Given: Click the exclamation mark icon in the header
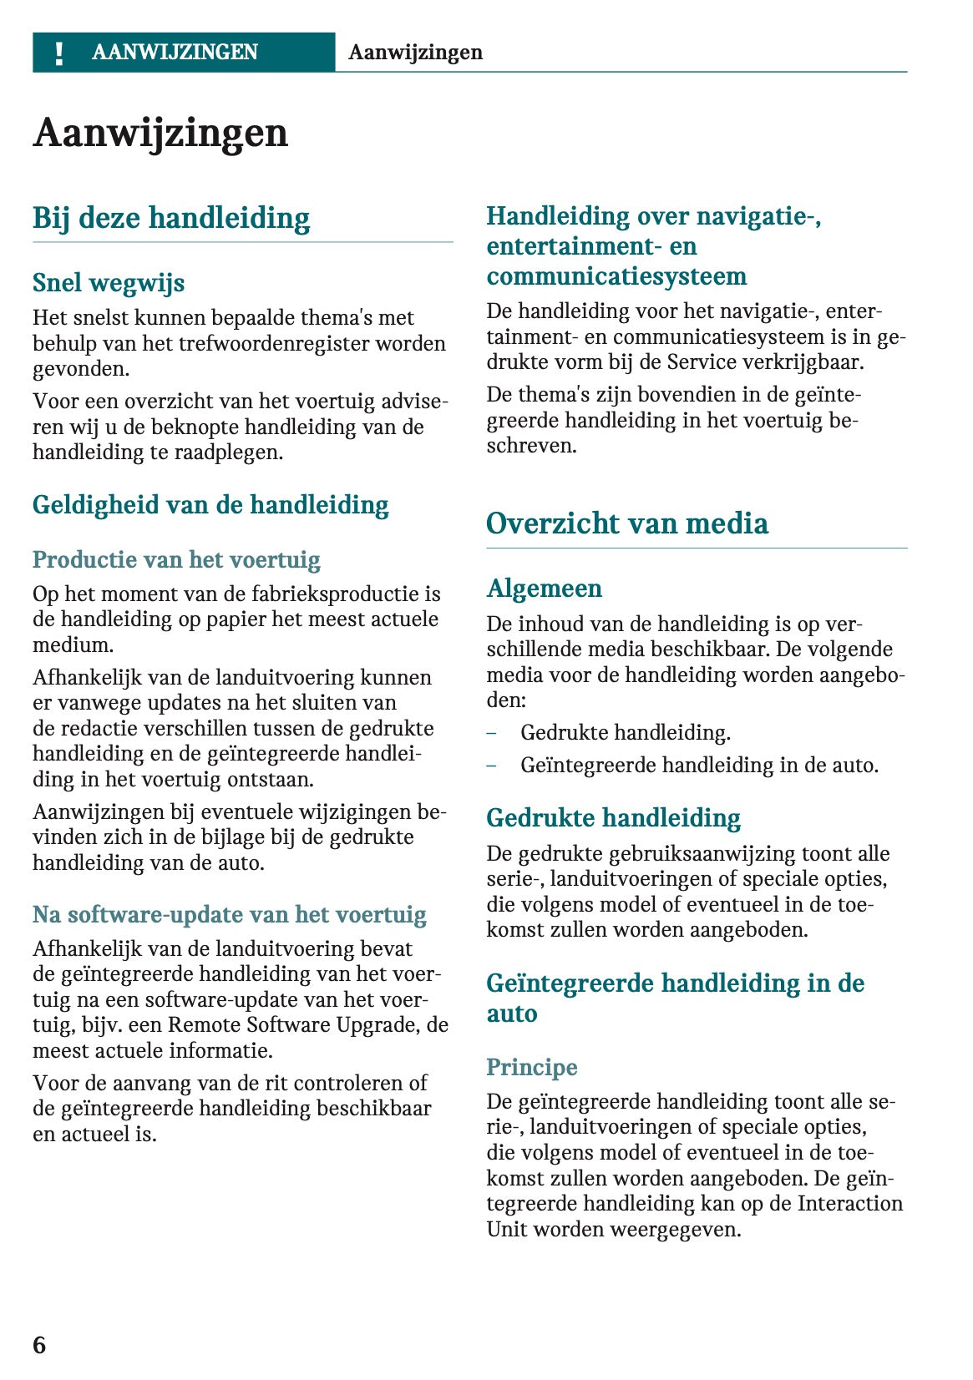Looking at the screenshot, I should (58, 53).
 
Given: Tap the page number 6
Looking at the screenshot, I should (39, 1344).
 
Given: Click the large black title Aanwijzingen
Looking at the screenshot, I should (160, 134).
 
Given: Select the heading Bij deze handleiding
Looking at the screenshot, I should (171, 218).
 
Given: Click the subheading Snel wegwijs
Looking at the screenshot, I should (109, 283).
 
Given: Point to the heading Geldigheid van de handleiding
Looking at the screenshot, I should (210, 505).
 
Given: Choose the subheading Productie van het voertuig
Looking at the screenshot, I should (176, 559).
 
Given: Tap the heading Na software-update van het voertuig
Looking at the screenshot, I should (229, 914).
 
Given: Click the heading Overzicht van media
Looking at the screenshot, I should (626, 523).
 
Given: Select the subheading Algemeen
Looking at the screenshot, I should (544, 589).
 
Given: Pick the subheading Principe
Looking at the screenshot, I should (532, 1067).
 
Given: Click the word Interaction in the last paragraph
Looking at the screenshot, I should (850, 1204).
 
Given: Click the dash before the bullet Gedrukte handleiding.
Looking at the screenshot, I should (492, 733).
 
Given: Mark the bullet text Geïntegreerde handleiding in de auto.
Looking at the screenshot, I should (699, 766).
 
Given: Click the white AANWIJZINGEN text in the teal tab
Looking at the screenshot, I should (175, 53).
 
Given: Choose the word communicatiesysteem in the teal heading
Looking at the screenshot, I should (616, 276).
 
